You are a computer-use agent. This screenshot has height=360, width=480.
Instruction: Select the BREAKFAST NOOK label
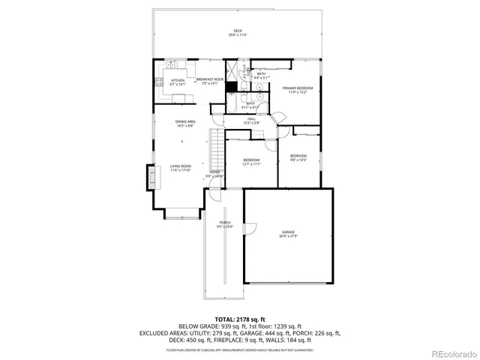tap(210, 80)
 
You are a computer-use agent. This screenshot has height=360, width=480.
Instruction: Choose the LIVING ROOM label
tap(180, 167)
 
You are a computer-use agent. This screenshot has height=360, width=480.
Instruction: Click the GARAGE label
tap(289, 234)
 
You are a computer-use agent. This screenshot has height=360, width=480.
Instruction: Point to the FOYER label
tap(214, 174)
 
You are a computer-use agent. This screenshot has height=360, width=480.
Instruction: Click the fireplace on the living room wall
tap(154, 178)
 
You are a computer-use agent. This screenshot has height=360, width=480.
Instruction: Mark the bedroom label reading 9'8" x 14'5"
tap(298, 157)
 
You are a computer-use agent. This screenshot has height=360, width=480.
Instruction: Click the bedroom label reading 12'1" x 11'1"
tap(251, 162)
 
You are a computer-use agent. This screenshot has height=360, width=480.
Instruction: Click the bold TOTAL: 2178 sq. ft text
tap(239, 319)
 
